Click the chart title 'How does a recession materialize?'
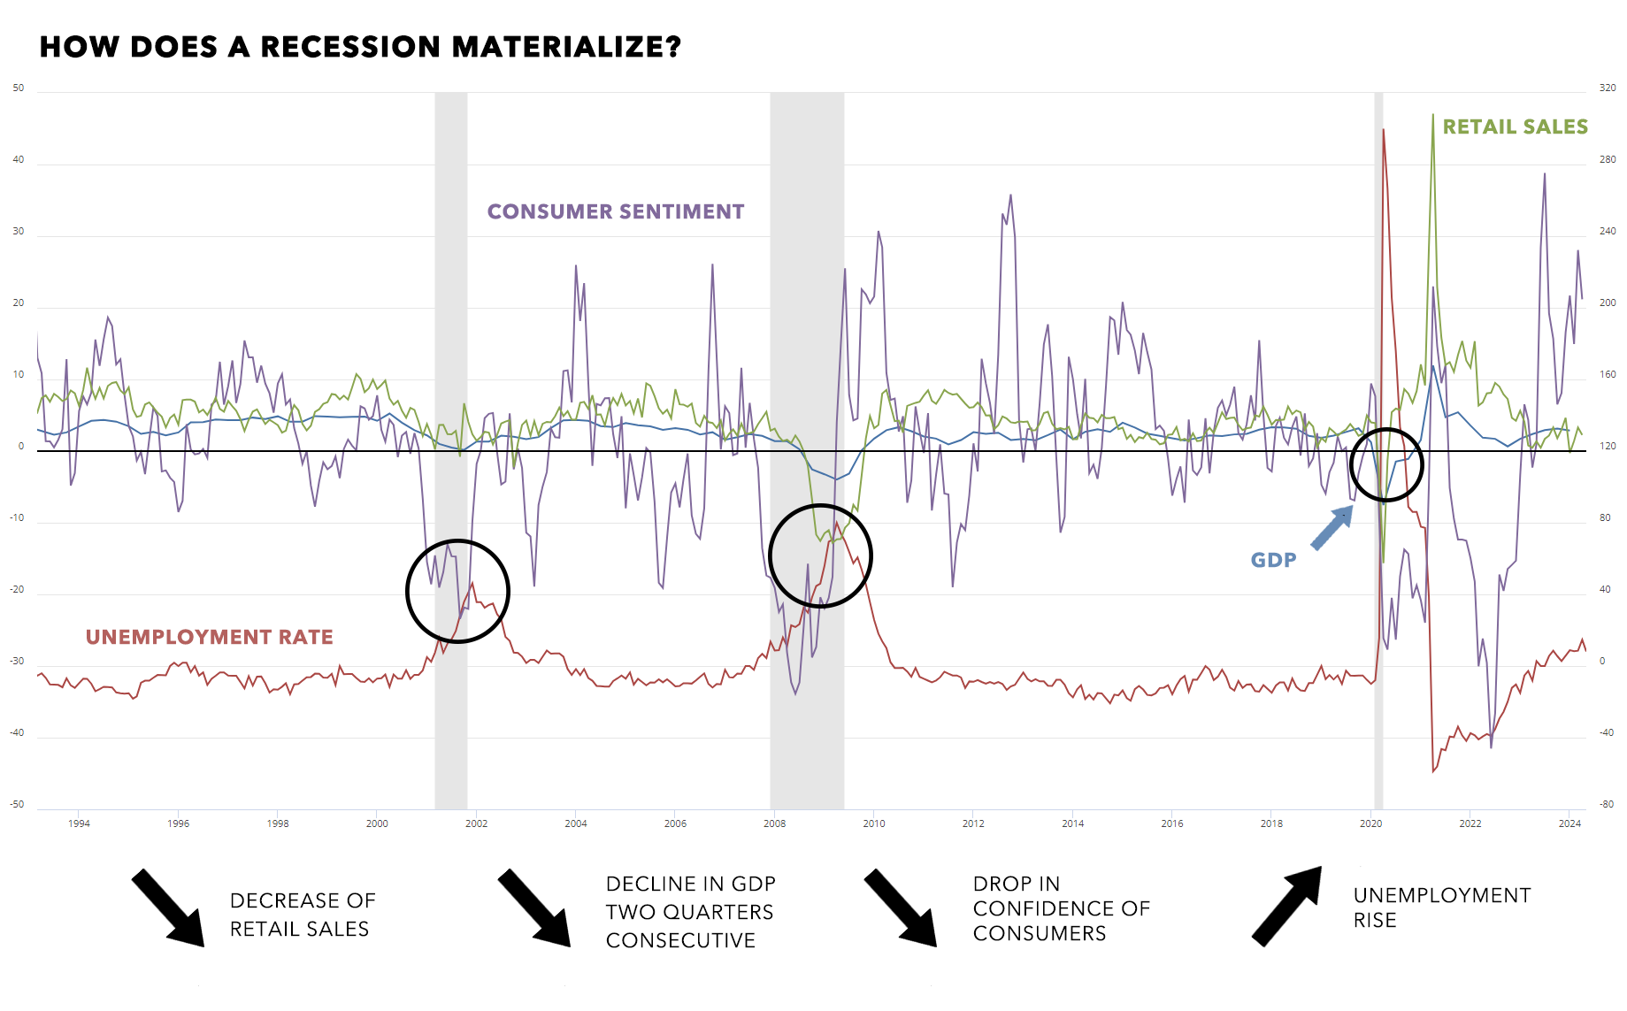[360, 47]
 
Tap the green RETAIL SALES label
[1515, 127]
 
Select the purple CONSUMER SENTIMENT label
[616, 212]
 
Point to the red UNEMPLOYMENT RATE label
[210, 638]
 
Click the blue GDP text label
[1273, 560]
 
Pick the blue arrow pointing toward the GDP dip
[1332, 528]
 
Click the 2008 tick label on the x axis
[774, 823]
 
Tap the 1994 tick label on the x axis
[79, 823]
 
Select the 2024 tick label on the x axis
[1569, 823]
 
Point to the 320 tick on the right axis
[1607, 88]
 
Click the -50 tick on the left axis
[18, 805]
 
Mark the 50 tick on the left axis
[19, 88]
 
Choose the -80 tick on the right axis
[1607, 805]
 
